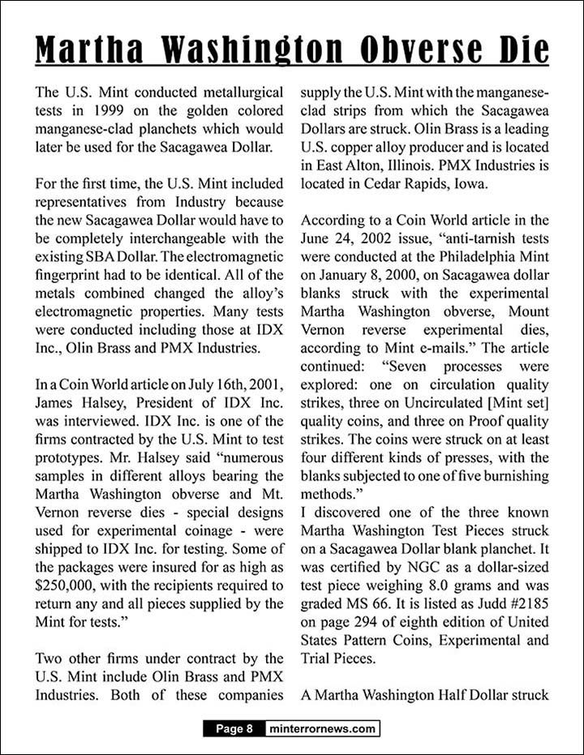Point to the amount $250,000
[x=66, y=584]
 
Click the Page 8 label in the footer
[x=234, y=728]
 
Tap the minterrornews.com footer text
[x=322, y=728]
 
